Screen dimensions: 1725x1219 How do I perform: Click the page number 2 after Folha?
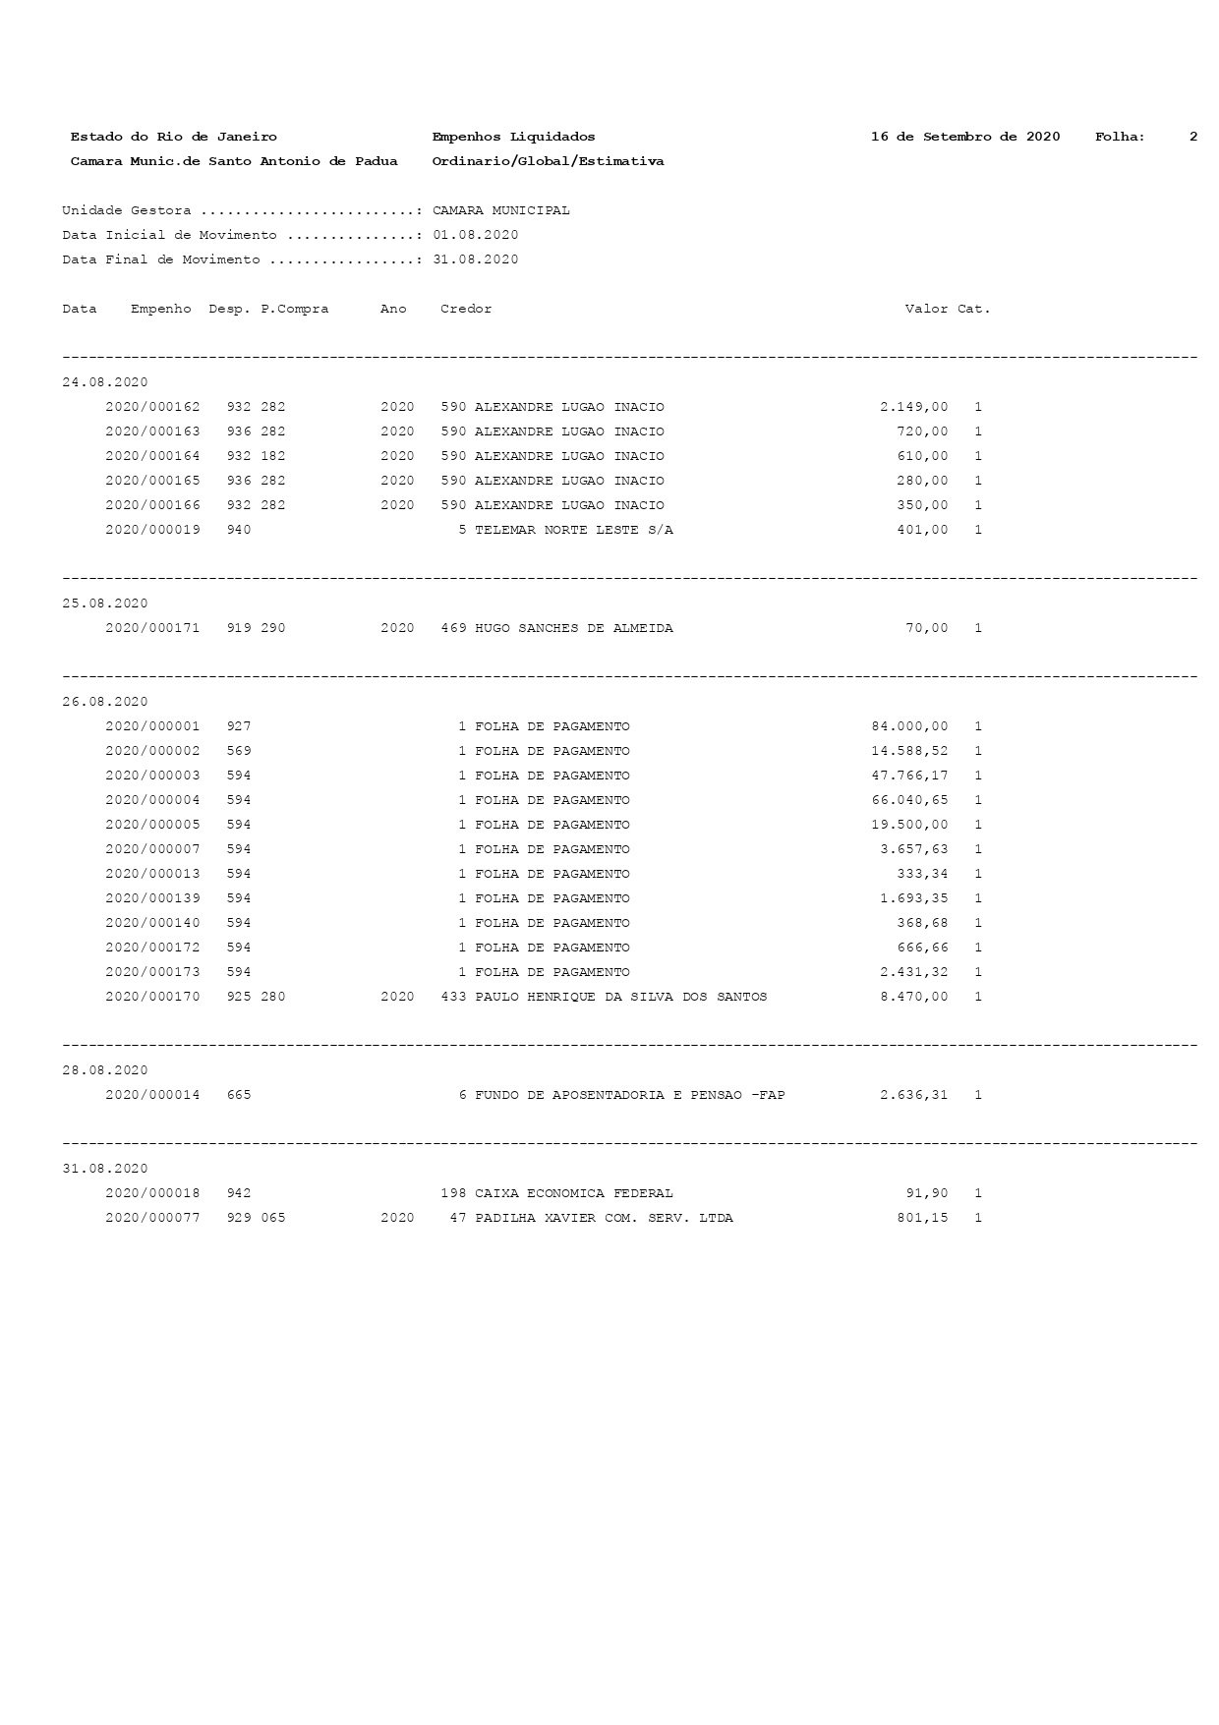tap(1192, 137)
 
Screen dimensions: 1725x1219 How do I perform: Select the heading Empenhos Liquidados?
tap(513, 137)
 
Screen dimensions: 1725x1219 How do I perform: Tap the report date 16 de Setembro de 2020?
tap(964, 137)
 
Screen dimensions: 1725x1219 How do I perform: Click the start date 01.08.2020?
tap(475, 235)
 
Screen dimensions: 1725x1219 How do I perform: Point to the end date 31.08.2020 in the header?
tap(475, 259)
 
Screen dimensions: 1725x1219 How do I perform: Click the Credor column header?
tap(466, 309)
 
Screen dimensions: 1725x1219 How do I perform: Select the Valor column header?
tap(926, 309)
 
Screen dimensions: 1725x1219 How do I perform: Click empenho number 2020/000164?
tap(152, 456)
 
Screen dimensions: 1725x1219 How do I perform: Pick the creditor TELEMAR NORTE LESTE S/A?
tap(573, 530)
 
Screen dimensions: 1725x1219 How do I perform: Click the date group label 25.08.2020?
tap(105, 604)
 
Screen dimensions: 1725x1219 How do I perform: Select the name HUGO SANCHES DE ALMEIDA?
tap(573, 628)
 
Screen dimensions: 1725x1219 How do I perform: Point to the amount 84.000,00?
tap(909, 726)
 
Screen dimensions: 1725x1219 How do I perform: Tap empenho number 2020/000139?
tap(152, 898)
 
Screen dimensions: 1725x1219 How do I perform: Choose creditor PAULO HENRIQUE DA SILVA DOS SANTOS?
tap(620, 997)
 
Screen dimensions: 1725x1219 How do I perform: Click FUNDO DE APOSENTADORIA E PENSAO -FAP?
tap(629, 1095)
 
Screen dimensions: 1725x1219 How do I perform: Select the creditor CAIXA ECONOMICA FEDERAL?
tap(573, 1193)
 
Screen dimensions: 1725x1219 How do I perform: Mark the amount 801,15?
tap(922, 1218)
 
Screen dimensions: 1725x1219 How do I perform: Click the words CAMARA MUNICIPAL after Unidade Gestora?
tap(500, 210)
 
